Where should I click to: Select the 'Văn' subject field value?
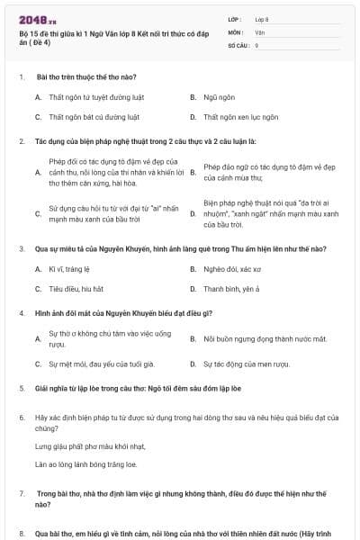tap(260, 31)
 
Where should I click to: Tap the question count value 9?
tap(257, 44)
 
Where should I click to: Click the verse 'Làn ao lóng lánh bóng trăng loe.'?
tap(86, 463)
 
